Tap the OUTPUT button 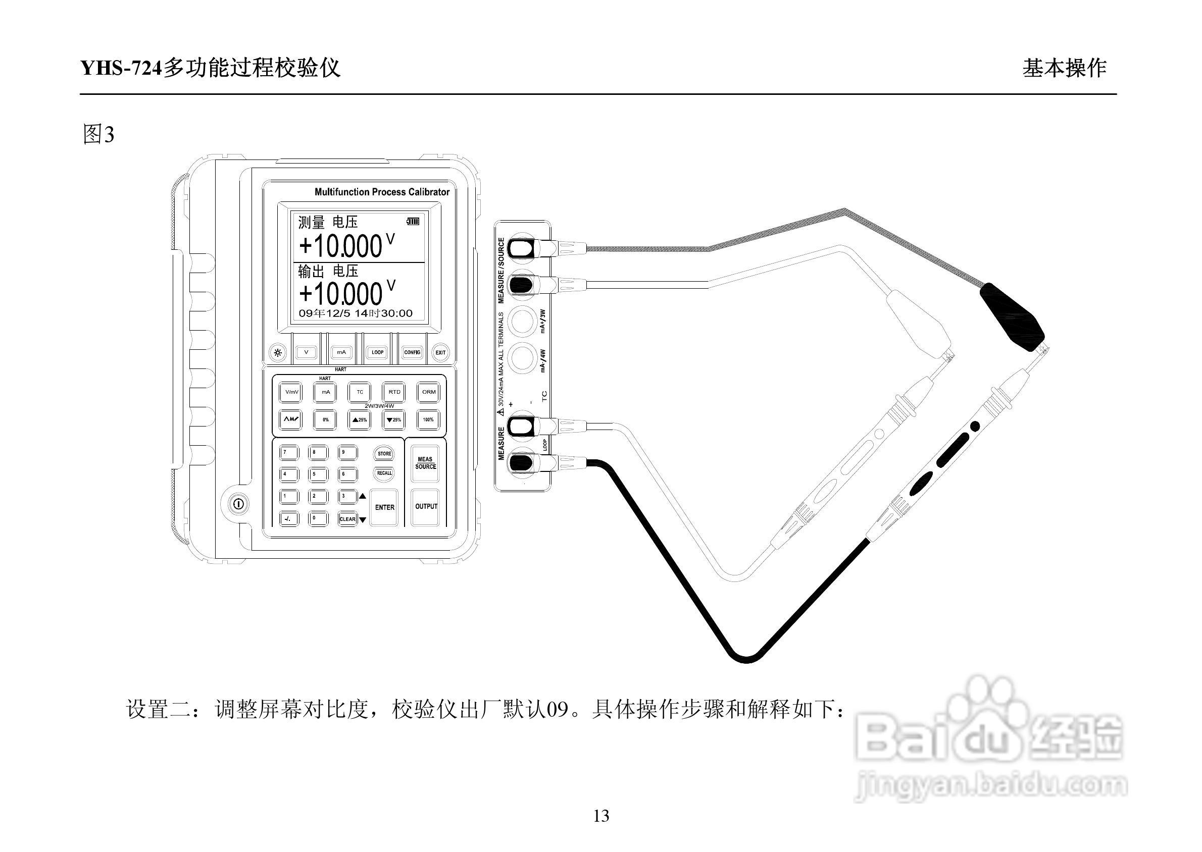[x=425, y=507]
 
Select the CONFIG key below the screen [x=412, y=352]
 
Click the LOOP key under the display [x=377, y=352]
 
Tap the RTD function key [x=394, y=392]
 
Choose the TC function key [x=360, y=392]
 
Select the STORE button [x=384, y=454]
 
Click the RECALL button [x=384, y=473]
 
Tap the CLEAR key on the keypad [x=347, y=519]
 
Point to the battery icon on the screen [x=413, y=222]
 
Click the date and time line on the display [x=356, y=314]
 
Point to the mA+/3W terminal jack [x=522, y=321]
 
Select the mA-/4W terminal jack [x=522, y=358]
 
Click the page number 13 [x=601, y=816]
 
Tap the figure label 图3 [x=98, y=135]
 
